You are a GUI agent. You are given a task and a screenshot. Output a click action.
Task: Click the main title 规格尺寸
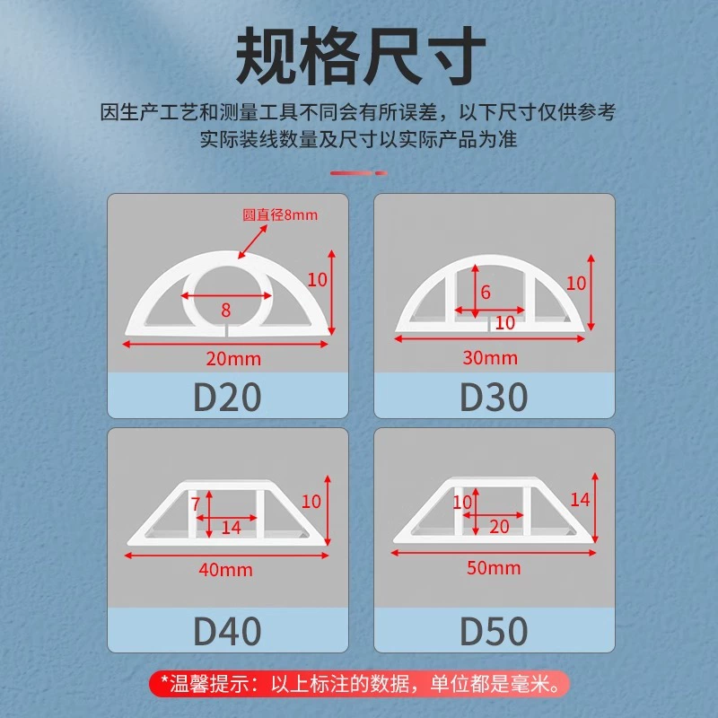pos(361,56)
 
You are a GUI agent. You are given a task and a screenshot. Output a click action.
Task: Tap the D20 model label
pos(227,397)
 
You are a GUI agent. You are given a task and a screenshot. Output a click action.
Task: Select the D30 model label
pos(494,397)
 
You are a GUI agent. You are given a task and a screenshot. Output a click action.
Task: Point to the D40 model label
pos(227,631)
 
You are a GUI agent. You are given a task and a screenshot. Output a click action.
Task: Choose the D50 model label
pos(494,631)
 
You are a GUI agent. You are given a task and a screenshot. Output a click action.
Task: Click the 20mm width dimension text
pos(233,359)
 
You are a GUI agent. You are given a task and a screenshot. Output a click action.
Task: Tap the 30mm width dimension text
pos(490,358)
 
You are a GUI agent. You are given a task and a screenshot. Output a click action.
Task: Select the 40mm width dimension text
pos(226,570)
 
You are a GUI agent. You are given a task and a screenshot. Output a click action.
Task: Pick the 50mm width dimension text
pos(494,568)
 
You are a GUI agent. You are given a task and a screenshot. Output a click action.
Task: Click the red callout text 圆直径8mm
pos(280,215)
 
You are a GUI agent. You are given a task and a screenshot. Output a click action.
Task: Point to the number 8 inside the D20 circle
pos(226,311)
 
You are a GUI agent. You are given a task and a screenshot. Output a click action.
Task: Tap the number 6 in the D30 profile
pos(486,293)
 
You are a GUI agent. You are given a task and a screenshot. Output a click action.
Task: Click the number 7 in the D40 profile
pos(196,504)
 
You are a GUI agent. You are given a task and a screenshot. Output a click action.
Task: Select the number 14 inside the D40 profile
pos(232,528)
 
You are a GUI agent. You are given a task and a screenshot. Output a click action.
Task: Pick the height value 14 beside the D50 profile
pos(580,500)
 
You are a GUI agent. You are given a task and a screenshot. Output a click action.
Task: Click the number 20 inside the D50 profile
pos(499,527)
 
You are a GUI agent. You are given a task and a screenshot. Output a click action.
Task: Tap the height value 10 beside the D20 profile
pos(318,280)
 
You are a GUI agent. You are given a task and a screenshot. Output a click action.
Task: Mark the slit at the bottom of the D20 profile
pos(227,330)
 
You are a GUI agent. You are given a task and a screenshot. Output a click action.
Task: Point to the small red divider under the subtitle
pos(358,173)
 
